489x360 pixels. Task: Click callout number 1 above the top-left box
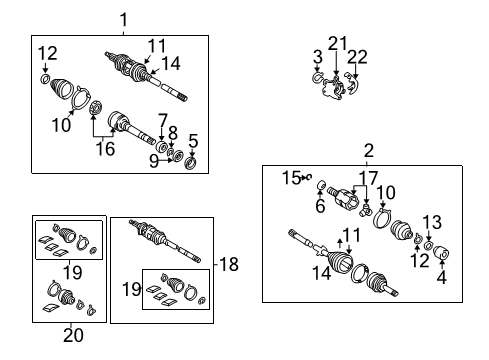(x=124, y=19)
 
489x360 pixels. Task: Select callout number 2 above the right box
(x=368, y=151)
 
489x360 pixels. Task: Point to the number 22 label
(x=358, y=57)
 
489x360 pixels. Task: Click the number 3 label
(x=317, y=57)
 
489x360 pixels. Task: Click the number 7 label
(x=162, y=120)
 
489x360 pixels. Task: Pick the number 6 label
(x=321, y=207)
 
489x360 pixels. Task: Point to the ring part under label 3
(x=317, y=76)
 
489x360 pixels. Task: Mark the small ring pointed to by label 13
(x=428, y=245)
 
